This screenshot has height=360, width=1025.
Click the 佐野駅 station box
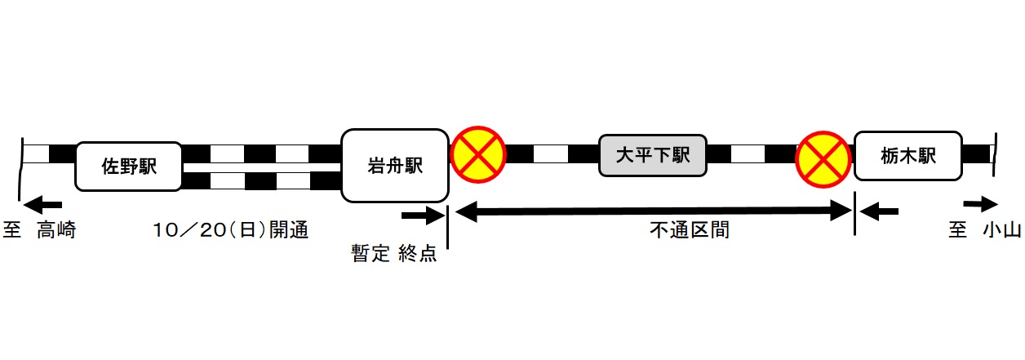tap(129, 167)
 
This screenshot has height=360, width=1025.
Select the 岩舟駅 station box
tap(395, 166)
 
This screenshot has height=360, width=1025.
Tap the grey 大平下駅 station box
tap(652, 155)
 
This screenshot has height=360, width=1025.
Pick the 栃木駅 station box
tap(907, 155)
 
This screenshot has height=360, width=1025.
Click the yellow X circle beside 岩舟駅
tap(479, 154)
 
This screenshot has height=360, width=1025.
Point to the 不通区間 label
tap(689, 231)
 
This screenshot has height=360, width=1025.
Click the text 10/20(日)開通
tap(231, 231)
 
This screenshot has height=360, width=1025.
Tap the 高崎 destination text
tap(56, 231)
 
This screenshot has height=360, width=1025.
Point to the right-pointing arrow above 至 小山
tap(980, 204)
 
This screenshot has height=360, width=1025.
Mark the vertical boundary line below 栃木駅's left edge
tap(854, 214)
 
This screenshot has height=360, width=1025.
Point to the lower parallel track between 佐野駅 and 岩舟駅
tap(261, 180)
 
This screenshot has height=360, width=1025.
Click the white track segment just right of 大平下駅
tap(748, 153)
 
